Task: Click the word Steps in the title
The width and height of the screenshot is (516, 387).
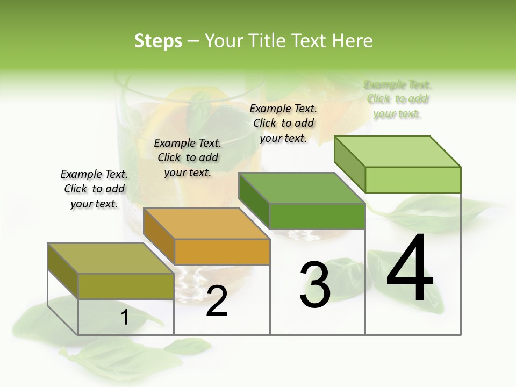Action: tap(157, 41)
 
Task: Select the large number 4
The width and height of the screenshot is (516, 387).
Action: tap(410, 269)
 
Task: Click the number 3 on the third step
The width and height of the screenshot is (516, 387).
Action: tap(314, 285)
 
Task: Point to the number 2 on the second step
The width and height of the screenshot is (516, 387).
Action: tap(217, 301)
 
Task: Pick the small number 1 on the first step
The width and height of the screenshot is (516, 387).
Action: tap(125, 318)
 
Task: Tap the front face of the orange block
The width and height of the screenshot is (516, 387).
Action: tap(222, 252)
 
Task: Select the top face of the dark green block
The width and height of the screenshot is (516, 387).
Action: tap(302, 188)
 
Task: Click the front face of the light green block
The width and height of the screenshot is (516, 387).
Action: tap(412, 180)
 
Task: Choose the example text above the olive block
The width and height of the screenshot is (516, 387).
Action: tap(94, 189)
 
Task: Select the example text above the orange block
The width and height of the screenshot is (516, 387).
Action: tap(188, 157)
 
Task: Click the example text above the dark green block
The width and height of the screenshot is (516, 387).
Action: tap(283, 123)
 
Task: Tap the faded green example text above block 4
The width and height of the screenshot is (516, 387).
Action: tap(398, 99)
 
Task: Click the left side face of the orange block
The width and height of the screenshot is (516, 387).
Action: tap(159, 235)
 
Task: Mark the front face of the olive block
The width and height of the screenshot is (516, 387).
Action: tap(126, 286)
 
